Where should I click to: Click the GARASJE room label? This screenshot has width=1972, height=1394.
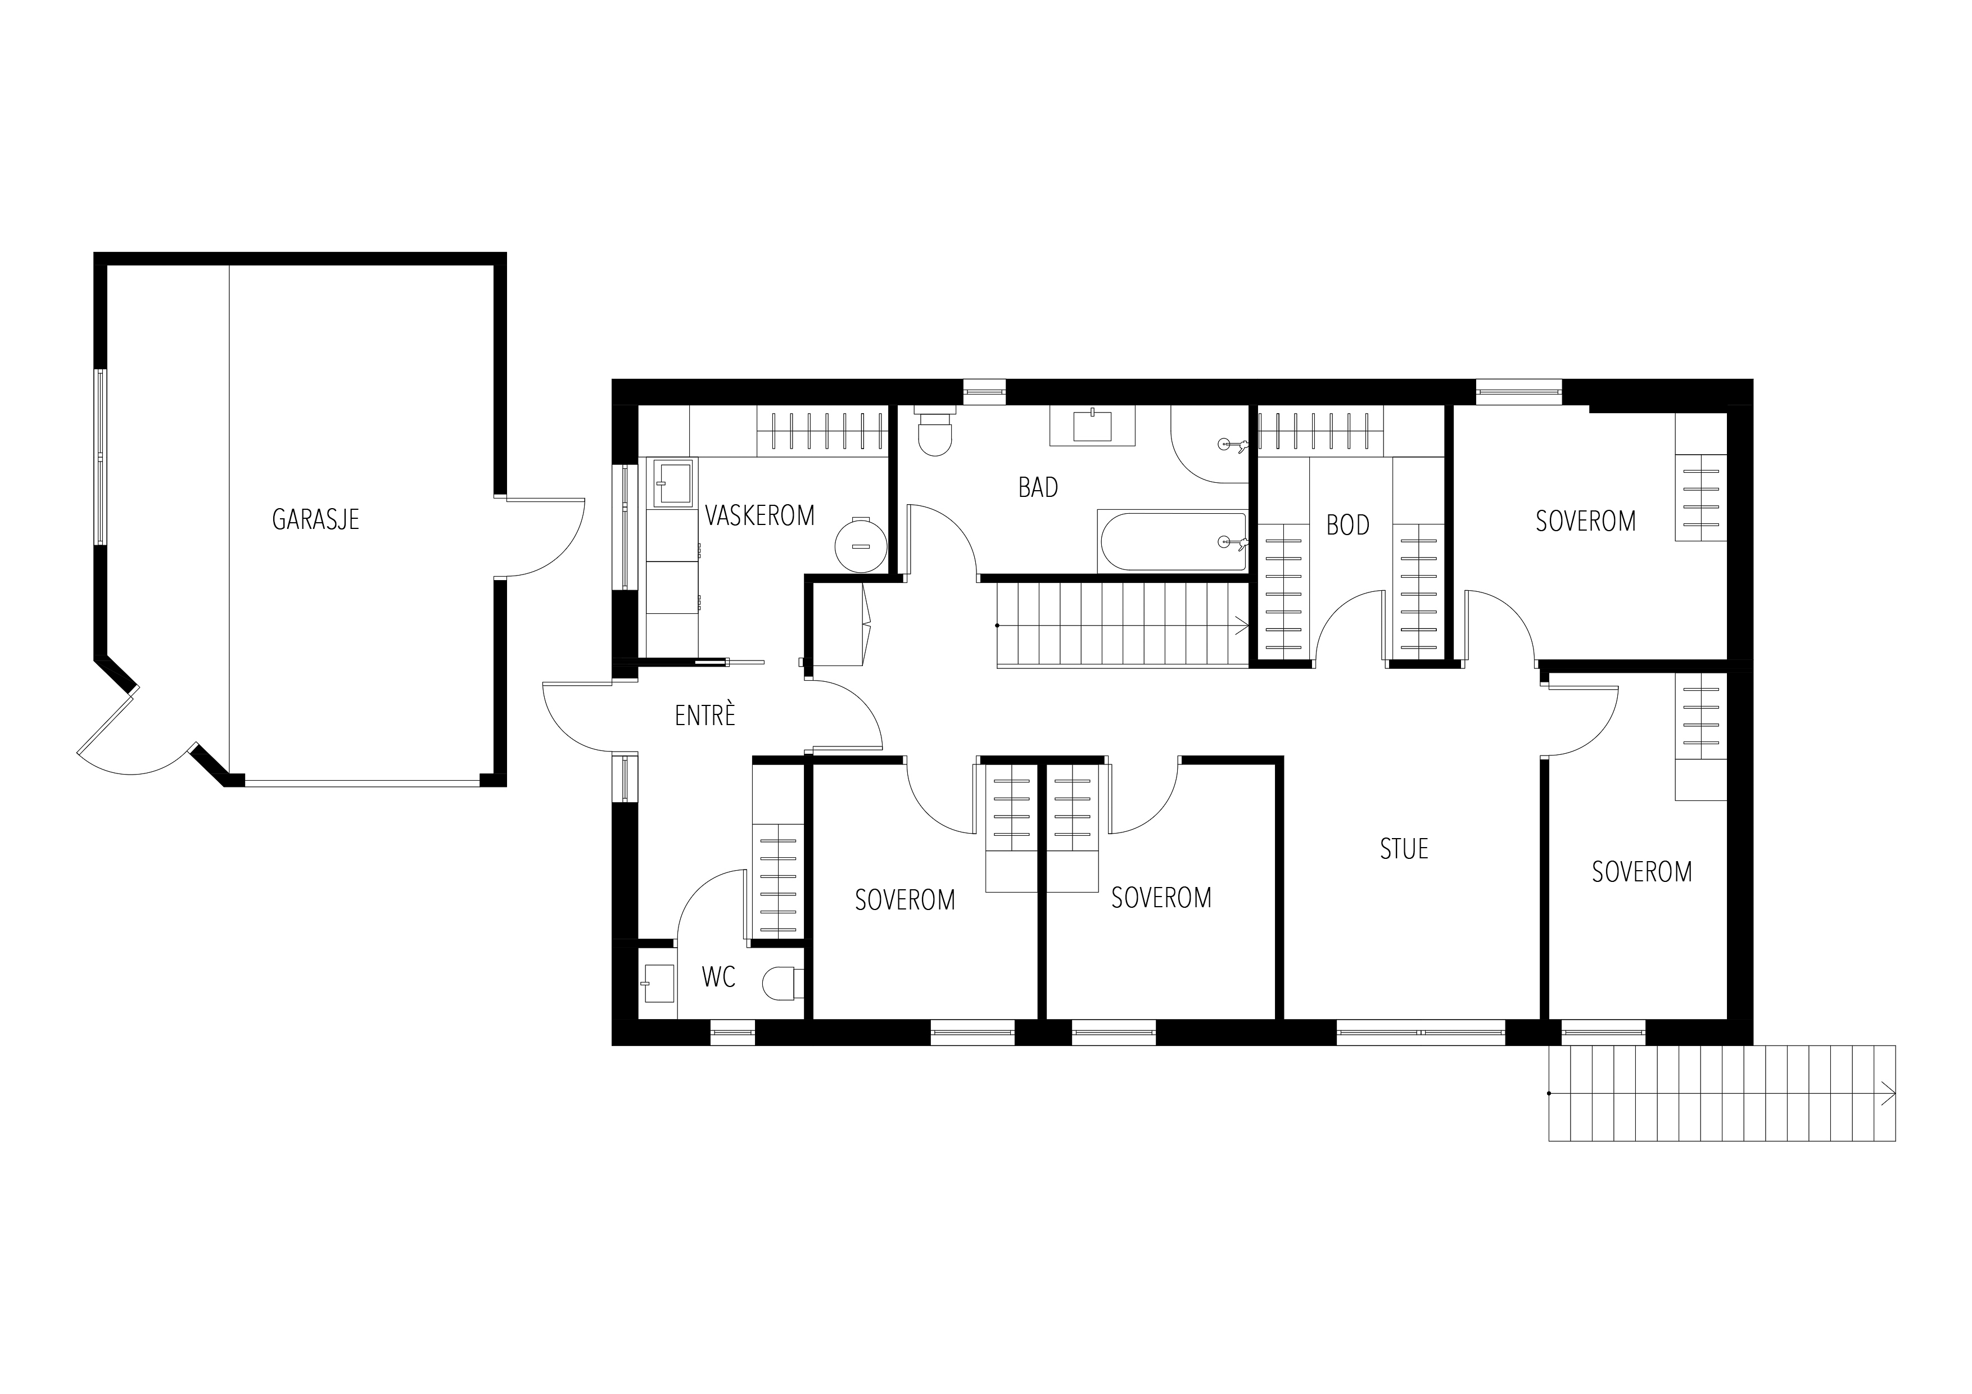[x=315, y=519]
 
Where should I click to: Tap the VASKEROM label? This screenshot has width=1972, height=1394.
[x=759, y=515]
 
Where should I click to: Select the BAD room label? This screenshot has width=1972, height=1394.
[x=1038, y=488]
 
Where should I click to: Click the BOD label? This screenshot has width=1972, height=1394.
[x=1347, y=525]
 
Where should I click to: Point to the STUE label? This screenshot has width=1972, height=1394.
[x=1404, y=849]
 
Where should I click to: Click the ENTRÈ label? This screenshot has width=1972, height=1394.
[x=705, y=716]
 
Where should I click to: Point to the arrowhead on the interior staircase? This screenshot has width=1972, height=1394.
[x=1242, y=625]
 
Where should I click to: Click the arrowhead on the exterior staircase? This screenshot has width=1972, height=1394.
[x=1888, y=1093]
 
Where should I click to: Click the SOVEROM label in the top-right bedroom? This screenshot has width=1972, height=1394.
[x=1585, y=522]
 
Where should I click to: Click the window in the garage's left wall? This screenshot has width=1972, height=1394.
[x=101, y=457]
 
